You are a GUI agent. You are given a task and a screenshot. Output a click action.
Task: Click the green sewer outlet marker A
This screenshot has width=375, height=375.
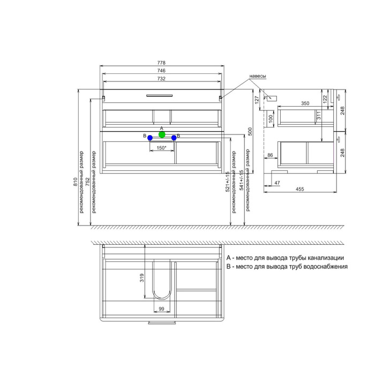(162, 134)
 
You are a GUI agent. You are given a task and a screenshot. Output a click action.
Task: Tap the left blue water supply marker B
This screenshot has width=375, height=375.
(150, 138)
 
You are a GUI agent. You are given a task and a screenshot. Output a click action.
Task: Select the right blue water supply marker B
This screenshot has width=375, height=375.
(174, 138)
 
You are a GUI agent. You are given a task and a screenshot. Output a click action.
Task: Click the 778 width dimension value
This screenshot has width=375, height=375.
(161, 63)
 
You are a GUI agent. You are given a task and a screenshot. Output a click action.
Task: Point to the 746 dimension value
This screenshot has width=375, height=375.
(161, 71)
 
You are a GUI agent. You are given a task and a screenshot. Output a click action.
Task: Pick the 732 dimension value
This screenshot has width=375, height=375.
(161, 78)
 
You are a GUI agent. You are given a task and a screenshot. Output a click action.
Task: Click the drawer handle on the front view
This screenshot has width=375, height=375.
(160, 95)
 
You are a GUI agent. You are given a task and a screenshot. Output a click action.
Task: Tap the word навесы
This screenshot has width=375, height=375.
(258, 76)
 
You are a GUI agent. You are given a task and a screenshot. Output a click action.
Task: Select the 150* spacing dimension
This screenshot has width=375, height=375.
(161, 148)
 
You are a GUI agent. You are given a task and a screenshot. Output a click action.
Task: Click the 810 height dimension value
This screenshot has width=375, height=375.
(76, 182)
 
